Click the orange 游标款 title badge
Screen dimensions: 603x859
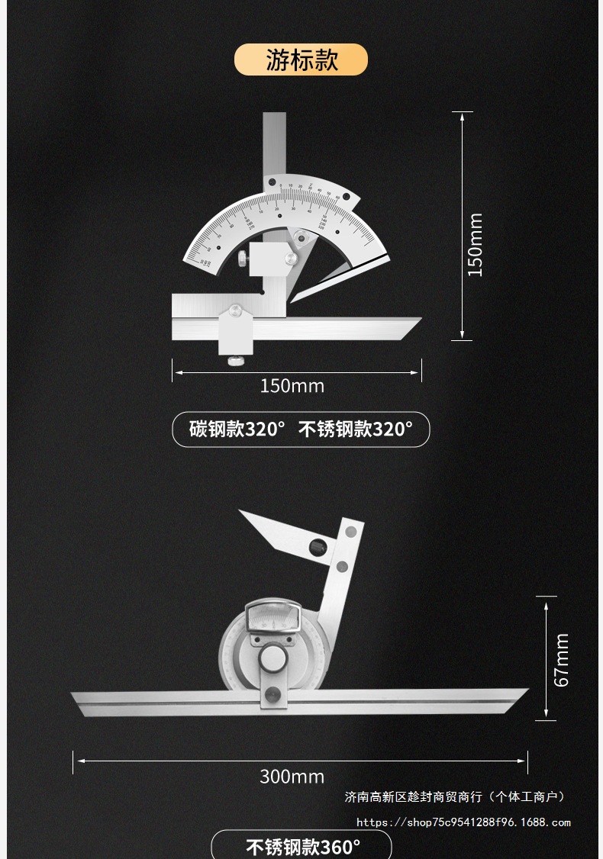pyautogui.click(x=301, y=60)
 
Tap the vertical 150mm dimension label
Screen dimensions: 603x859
pyautogui.click(x=476, y=244)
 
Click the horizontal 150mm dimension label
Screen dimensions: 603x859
pyautogui.click(x=292, y=386)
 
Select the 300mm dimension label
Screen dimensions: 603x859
pyautogui.click(x=292, y=777)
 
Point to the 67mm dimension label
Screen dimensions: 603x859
pyautogui.click(x=562, y=660)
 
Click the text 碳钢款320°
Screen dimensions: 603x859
pyautogui.click(x=237, y=429)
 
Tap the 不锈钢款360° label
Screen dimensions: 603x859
pyautogui.click(x=302, y=847)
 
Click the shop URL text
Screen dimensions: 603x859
pyautogui.click(x=463, y=822)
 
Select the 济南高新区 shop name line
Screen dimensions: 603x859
pyautogui.click(x=455, y=797)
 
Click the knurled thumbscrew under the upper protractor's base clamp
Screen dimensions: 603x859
pyautogui.click(x=235, y=359)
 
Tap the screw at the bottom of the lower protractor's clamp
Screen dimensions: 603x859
pyautogui.click(x=272, y=694)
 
